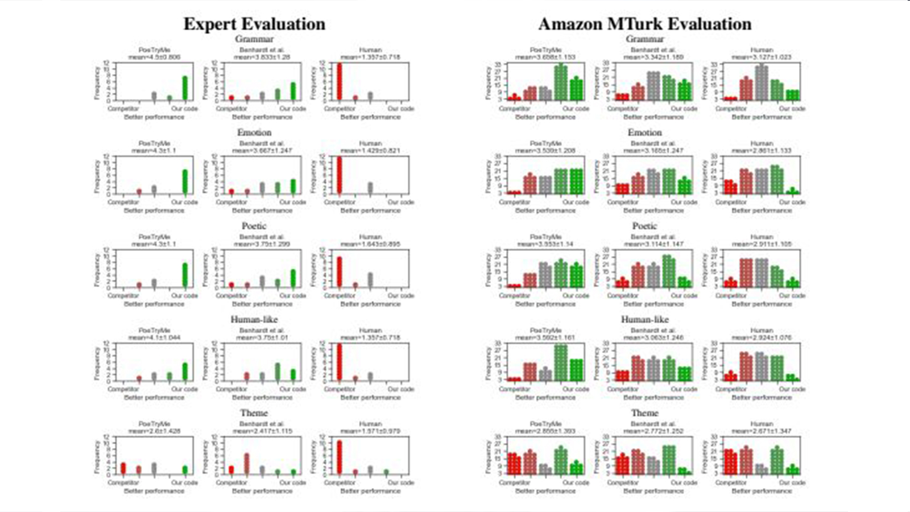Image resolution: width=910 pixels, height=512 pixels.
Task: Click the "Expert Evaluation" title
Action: tap(254, 24)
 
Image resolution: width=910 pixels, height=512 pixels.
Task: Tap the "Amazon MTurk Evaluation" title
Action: tap(644, 24)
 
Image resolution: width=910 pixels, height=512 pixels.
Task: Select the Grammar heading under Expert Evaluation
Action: tap(254, 39)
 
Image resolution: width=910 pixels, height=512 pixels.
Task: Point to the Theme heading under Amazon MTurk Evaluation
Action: tap(644, 413)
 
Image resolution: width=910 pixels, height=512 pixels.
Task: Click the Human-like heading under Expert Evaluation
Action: tap(254, 320)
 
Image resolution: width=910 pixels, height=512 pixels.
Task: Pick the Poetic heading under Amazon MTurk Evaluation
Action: tap(644, 226)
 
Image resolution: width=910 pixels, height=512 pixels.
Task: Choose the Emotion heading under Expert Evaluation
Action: tap(254, 133)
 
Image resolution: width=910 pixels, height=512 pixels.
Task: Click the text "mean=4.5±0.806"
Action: tap(154, 57)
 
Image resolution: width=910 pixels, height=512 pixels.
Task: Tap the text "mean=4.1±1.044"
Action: tap(154, 337)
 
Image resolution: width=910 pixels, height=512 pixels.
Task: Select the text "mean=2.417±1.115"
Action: tap(262, 431)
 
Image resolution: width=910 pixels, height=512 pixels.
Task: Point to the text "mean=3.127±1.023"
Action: tap(762, 57)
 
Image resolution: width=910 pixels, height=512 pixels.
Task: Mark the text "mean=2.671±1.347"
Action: tap(762, 431)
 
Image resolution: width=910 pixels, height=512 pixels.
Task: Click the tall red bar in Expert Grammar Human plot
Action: tap(340, 82)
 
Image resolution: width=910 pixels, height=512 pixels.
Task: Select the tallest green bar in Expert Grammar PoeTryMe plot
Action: tap(185, 88)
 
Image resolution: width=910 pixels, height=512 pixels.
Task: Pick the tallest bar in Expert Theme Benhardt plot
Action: tap(247, 464)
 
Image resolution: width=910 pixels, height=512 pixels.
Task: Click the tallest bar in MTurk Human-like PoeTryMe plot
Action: tap(561, 362)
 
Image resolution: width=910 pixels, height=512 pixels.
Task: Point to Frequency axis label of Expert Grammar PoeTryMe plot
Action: tap(97, 82)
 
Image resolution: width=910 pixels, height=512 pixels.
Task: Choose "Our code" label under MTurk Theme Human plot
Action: tap(792, 483)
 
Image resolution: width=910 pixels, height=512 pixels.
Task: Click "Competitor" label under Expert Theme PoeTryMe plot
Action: tap(123, 483)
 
